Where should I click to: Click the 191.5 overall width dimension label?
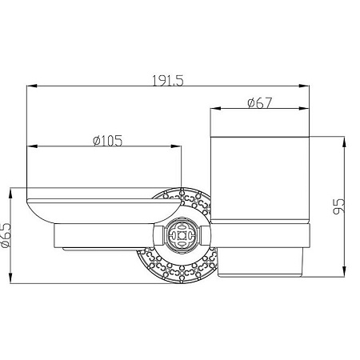[x=168, y=81]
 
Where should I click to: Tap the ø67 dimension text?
[x=259, y=103]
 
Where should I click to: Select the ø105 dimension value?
[x=107, y=141]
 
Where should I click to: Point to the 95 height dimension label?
[x=339, y=206]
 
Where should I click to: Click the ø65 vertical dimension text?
[x=6, y=235]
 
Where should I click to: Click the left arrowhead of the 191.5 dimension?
[x=32, y=86]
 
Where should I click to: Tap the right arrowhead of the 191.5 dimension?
[x=304, y=86]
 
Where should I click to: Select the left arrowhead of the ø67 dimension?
[x=216, y=109]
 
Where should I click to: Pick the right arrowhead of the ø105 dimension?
[x=176, y=146]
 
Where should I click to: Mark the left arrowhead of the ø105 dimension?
[x=32, y=146]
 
